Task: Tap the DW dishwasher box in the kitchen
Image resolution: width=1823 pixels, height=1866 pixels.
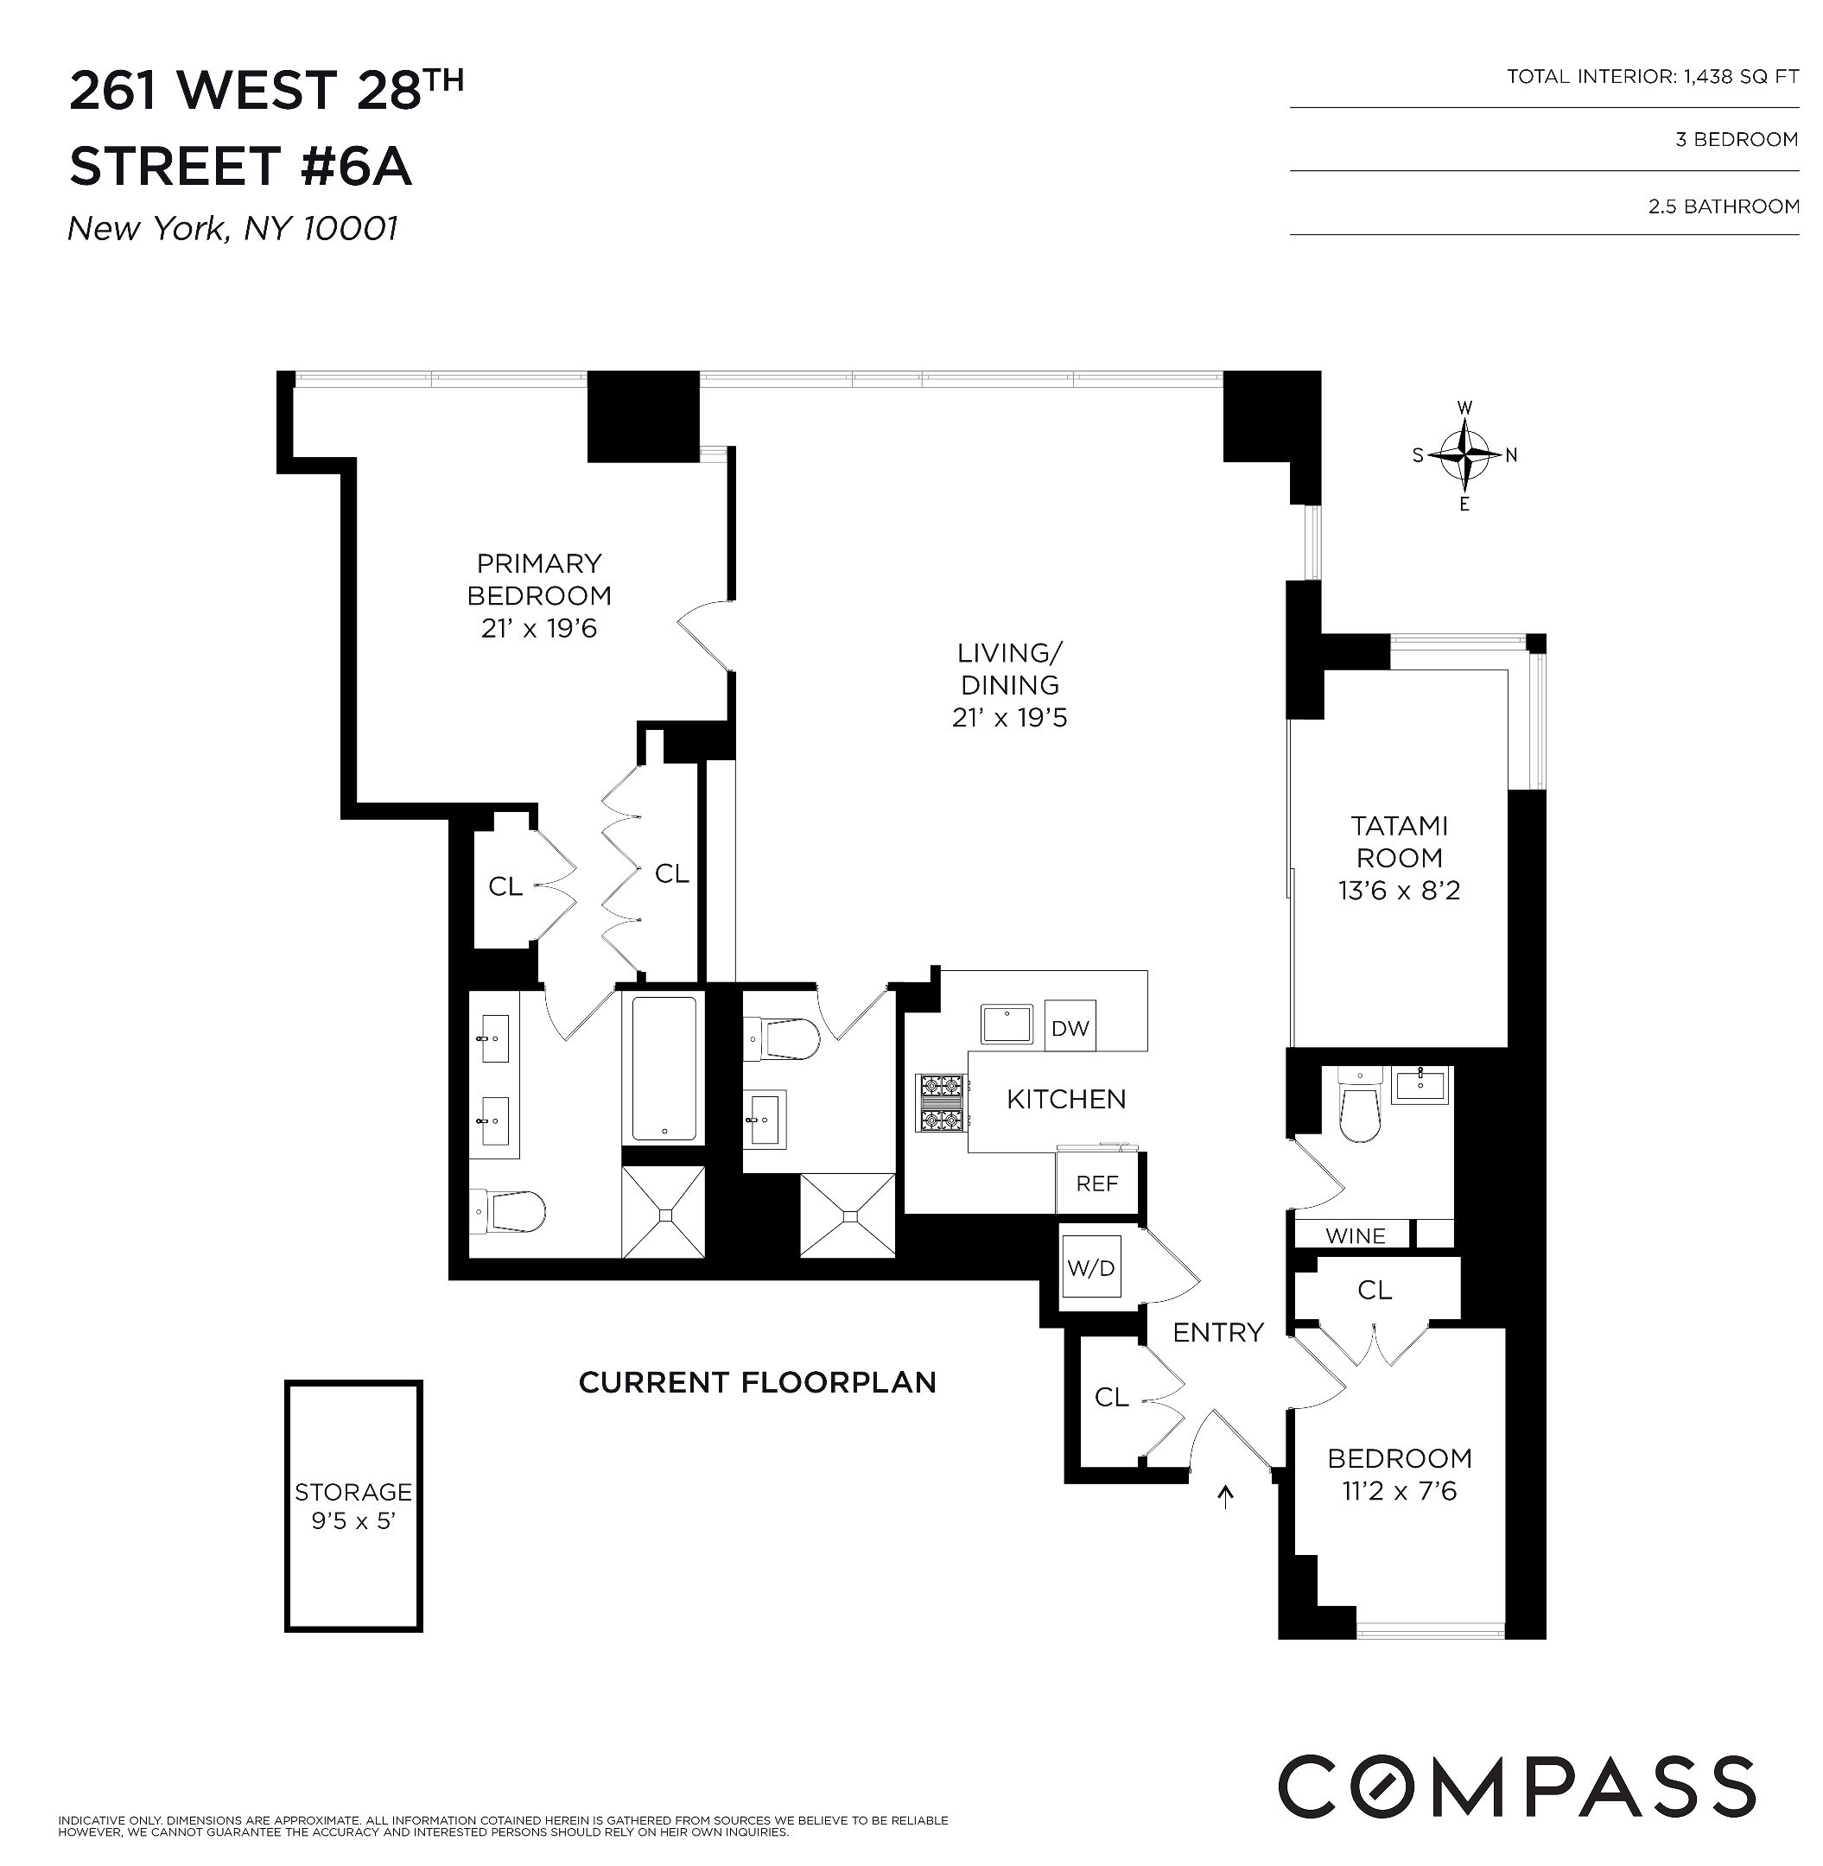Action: coord(1070,1028)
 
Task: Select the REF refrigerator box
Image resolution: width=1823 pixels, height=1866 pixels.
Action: coord(1096,1184)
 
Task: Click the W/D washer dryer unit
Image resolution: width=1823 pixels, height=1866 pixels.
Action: coord(1090,1268)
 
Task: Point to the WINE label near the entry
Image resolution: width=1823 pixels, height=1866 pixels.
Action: coord(1355,1235)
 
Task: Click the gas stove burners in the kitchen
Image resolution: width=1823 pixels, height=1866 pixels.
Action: coord(940,1103)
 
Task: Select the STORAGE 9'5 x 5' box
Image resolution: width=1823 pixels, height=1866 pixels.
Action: coord(353,1506)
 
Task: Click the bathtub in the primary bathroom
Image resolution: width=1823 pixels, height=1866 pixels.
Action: coord(664,1068)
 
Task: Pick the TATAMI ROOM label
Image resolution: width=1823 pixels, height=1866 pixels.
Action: coord(1398,841)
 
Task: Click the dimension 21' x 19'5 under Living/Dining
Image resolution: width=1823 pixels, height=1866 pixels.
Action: coord(1009,718)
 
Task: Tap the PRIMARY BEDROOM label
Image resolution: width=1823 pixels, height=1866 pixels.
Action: coord(539,579)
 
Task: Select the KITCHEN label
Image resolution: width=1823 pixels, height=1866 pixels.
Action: coord(1065,1099)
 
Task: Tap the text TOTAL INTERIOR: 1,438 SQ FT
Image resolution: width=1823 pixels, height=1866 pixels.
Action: coord(1652,77)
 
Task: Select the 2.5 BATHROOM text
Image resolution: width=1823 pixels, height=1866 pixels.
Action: coord(1723,206)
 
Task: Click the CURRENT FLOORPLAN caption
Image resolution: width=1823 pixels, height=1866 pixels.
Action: coord(758,1382)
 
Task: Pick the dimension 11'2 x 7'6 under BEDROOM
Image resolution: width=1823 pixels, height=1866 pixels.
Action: coord(1399,1491)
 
